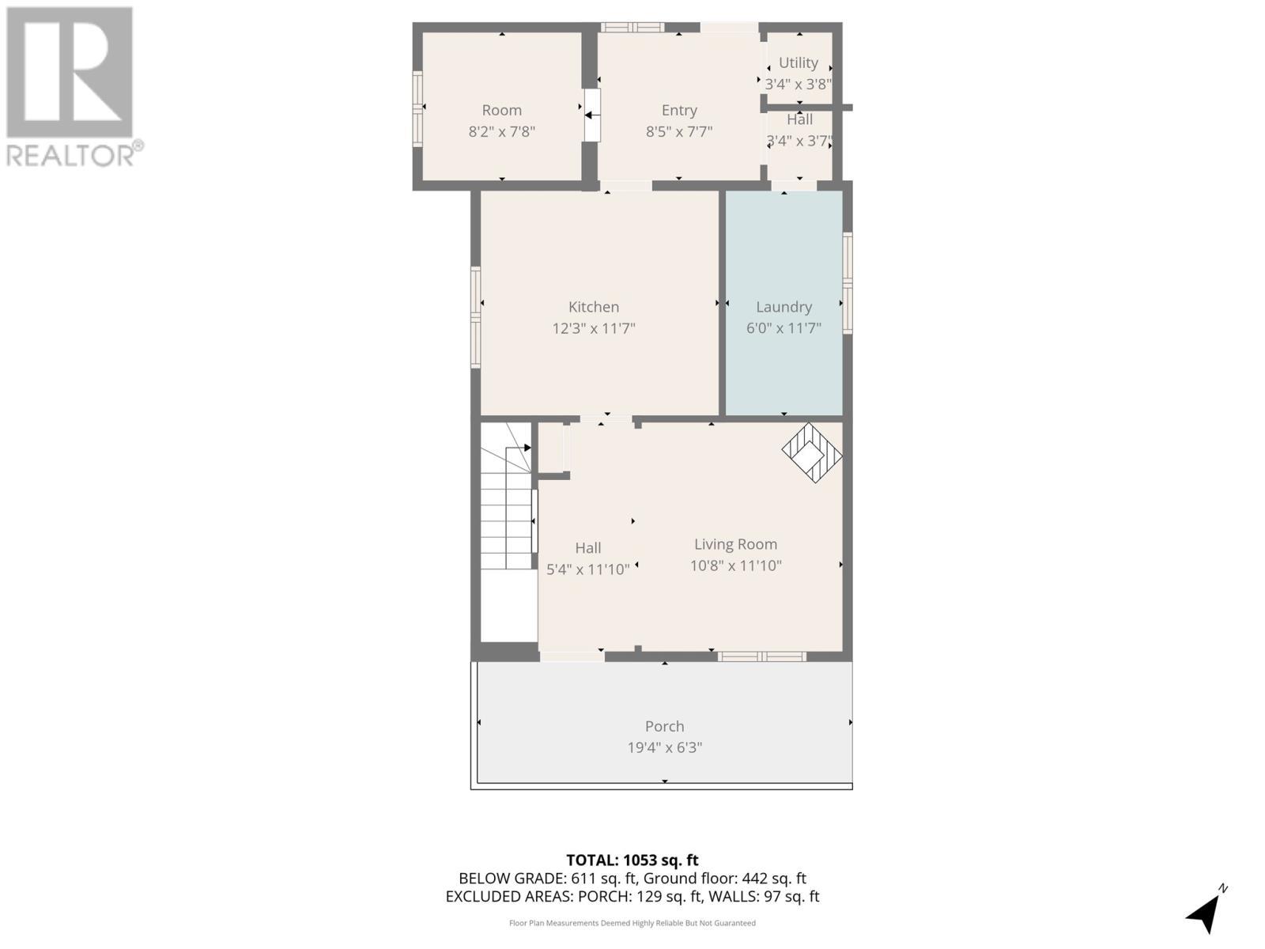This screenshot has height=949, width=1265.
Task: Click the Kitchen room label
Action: tap(594, 307)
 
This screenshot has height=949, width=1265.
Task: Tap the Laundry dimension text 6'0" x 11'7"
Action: tap(784, 327)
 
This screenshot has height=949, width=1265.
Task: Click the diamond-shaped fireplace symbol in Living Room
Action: tap(812, 452)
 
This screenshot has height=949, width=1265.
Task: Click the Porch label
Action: tap(664, 726)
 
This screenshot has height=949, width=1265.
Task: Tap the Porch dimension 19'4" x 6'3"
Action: tap(664, 747)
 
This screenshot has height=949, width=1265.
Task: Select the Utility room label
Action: tap(798, 62)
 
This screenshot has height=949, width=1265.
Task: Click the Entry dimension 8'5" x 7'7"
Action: tap(679, 131)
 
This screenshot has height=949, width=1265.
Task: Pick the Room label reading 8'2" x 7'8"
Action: tap(501, 131)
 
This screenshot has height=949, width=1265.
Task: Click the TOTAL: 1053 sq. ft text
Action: tap(632, 860)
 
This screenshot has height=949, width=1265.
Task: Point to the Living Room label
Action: tap(735, 544)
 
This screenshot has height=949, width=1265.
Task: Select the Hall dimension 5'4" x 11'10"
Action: tap(588, 569)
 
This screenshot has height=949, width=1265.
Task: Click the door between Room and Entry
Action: tap(591, 115)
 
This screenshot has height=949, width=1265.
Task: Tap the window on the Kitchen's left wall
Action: tap(476, 317)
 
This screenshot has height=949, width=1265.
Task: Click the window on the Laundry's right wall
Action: tap(848, 282)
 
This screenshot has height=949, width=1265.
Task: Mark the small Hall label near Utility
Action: tap(799, 120)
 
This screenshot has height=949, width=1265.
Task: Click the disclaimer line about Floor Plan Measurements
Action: tap(632, 923)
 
